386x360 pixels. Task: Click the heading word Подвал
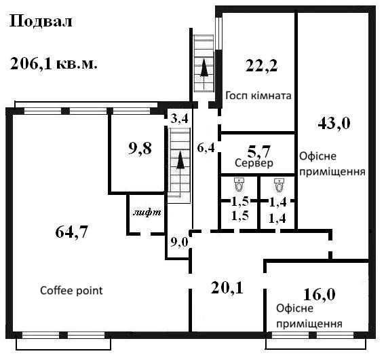(x=41, y=22)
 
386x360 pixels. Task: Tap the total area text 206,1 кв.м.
(x=54, y=64)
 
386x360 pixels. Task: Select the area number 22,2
(x=261, y=65)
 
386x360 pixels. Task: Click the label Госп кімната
(x=258, y=96)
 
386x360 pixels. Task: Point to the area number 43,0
(x=334, y=123)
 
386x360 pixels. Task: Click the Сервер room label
(x=254, y=163)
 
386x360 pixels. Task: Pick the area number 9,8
(x=140, y=149)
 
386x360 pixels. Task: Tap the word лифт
(x=147, y=213)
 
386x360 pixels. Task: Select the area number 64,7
(x=71, y=232)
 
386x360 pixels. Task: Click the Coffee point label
(x=71, y=291)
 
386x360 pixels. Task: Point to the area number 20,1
(x=227, y=288)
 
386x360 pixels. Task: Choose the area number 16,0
(x=319, y=295)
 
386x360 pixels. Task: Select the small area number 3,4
(x=180, y=119)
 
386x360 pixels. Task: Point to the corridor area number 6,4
(x=206, y=148)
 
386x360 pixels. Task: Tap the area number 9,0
(x=179, y=242)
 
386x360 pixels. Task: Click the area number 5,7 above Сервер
(x=258, y=151)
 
